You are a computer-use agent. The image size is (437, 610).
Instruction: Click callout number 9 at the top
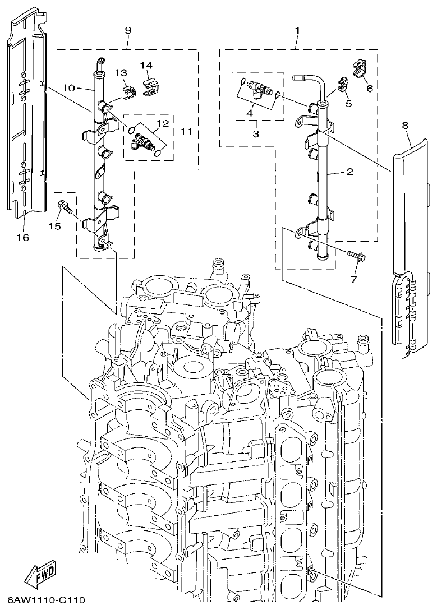(127, 29)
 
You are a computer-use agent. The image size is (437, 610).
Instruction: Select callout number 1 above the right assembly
(297, 29)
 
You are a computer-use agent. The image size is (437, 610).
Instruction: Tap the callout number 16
(22, 237)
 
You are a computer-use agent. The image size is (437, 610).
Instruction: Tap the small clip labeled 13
(128, 90)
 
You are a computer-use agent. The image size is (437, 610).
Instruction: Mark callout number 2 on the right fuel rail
(349, 172)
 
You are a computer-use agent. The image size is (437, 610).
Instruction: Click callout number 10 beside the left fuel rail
(69, 88)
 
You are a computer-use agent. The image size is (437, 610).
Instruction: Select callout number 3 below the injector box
(255, 133)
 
